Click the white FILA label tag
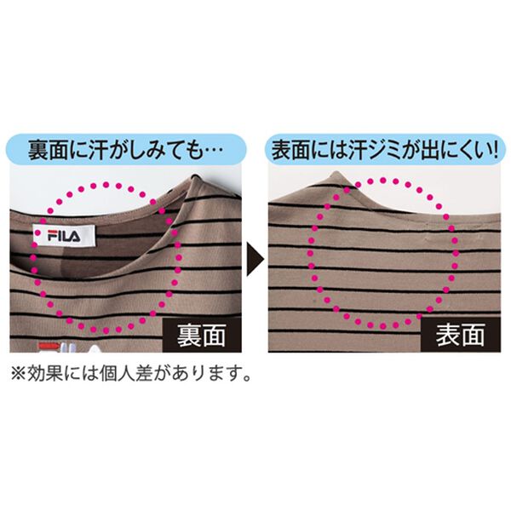pyautogui.click(x=64, y=235)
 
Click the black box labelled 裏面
pyautogui.click(x=202, y=336)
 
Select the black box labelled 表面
pyautogui.click(x=461, y=335)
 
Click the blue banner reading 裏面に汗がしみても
pyautogui.click(x=126, y=150)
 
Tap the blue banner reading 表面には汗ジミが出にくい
pyautogui.click(x=385, y=150)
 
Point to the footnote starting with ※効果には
pyautogui.click(x=131, y=374)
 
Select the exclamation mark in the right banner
pyautogui.click(x=496, y=150)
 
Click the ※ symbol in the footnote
pyautogui.click(x=19, y=375)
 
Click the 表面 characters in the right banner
pyautogui.click(x=291, y=150)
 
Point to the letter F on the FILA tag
pyautogui.click(x=53, y=236)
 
